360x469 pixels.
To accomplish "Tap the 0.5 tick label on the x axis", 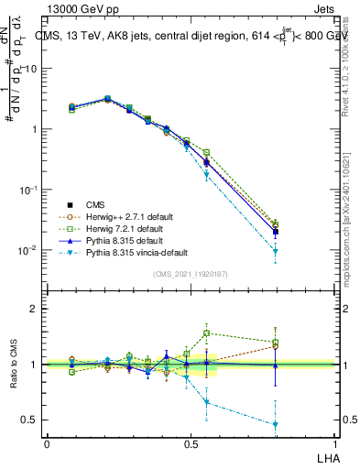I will (x=191, y=442).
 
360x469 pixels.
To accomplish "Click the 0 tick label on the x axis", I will (x=47, y=442).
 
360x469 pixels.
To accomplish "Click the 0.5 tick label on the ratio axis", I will (x=32, y=420).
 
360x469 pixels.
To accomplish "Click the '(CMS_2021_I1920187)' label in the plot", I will (x=191, y=274).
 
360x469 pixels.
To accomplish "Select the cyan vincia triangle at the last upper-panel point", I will (x=276, y=251).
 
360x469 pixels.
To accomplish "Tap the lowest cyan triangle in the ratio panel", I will (x=276, y=424).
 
